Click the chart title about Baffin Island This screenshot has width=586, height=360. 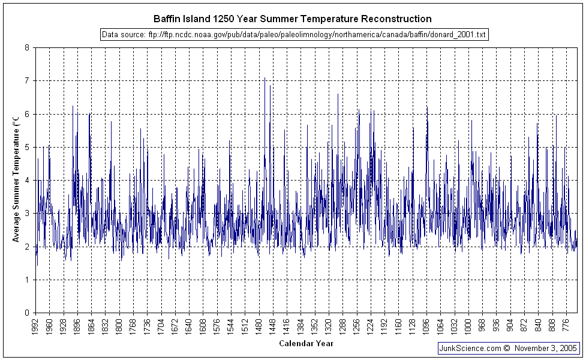click(x=292, y=19)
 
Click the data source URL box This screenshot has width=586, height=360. click(x=293, y=35)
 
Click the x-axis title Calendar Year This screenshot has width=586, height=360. click(x=306, y=344)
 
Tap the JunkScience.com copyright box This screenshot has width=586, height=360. click(x=509, y=348)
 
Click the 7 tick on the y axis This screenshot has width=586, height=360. click(x=27, y=80)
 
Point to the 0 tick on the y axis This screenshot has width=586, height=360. click(x=27, y=313)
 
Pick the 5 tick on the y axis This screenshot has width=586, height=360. click(x=27, y=147)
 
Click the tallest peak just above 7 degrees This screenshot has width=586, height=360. click(x=265, y=78)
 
